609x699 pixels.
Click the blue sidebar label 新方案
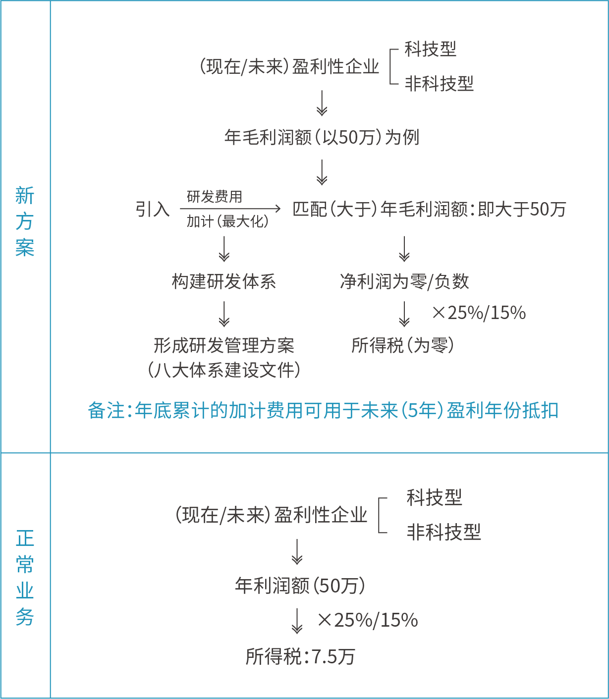pyautogui.click(x=25, y=221)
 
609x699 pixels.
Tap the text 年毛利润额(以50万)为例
pyautogui.click(x=322, y=137)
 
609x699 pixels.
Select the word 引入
pyautogui.click(x=152, y=209)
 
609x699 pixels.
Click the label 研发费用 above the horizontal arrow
pyautogui.click(x=215, y=197)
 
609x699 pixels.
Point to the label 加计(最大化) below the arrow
pyautogui.click(x=227, y=221)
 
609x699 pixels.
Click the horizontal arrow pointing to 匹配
pyautogui.click(x=230, y=209)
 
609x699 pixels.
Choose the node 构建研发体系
pyautogui.click(x=223, y=281)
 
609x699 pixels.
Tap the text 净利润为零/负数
pyautogui.click(x=404, y=281)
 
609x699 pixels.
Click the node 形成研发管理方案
pyautogui.click(x=224, y=345)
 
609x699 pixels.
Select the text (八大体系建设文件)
pyautogui.click(x=224, y=370)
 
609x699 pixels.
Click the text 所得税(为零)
pyautogui.click(x=402, y=345)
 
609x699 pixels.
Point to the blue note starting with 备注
pyautogui.click(x=323, y=411)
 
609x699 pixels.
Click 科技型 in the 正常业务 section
pyautogui.click(x=434, y=497)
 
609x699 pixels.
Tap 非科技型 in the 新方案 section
pyautogui.click(x=439, y=83)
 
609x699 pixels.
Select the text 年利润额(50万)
pyautogui.click(x=300, y=586)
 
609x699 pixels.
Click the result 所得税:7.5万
pyautogui.click(x=300, y=657)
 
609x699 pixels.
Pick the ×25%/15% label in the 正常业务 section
pyautogui.click(x=368, y=620)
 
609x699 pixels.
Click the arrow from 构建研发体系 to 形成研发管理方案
pyautogui.click(x=224, y=314)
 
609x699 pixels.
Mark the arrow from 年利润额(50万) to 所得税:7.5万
pyautogui.click(x=297, y=621)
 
